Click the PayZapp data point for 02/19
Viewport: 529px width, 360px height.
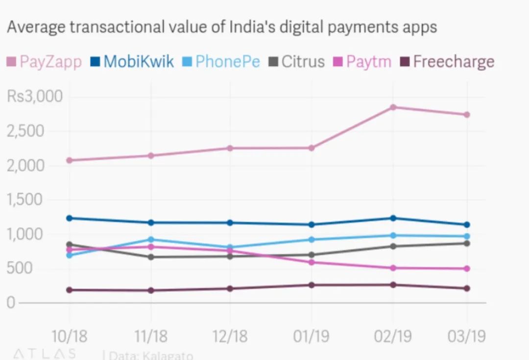tap(393, 107)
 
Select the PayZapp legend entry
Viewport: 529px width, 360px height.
tap(44, 62)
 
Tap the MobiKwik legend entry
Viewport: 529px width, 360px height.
tap(132, 62)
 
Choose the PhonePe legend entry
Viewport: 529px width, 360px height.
tap(222, 62)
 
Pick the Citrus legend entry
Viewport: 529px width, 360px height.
tap(297, 62)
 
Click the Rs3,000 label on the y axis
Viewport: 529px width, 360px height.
tap(35, 96)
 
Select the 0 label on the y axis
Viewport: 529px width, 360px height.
tap(11, 303)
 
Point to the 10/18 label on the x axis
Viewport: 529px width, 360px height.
tap(70, 336)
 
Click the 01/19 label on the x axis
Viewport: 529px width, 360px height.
tap(311, 336)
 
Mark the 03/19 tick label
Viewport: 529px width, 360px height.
tap(466, 336)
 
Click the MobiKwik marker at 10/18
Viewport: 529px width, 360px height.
tap(70, 218)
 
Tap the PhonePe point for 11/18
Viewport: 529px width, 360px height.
tap(151, 240)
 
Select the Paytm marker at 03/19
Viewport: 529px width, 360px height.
tap(467, 268)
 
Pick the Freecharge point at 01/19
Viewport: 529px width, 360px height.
tap(312, 285)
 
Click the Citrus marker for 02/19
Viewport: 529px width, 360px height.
tap(393, 246)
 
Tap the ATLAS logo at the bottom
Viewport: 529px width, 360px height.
tap(44, 354)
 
